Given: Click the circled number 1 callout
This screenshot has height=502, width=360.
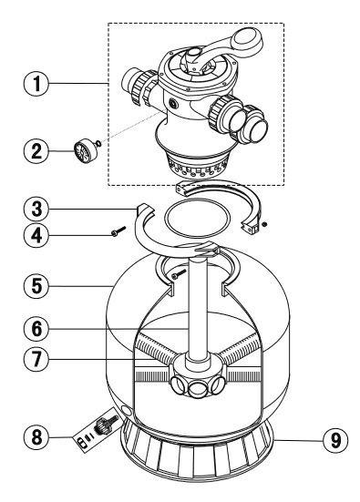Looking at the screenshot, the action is (36, 83).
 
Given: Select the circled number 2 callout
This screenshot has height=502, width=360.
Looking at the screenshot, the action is (36, 150).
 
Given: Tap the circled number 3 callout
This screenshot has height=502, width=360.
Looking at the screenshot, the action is (36, 209).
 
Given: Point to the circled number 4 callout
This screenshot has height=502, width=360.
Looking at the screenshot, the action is (36, 236).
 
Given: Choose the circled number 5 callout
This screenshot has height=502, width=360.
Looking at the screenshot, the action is (36, 285).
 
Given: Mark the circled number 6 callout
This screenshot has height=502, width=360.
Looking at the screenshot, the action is (36, 329).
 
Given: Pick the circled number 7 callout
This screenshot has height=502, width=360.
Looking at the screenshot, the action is (36, 359).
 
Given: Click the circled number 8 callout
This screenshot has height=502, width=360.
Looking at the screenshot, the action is (36, 436).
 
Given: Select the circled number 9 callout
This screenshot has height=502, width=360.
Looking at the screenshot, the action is (335, 441).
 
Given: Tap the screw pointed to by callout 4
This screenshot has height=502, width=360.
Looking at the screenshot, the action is (118, 231).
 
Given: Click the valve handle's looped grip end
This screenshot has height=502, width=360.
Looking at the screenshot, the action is (249, 39).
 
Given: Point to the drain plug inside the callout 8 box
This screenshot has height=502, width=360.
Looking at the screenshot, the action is (103, 425).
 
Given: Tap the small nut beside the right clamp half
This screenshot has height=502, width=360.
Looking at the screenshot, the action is (264, 224).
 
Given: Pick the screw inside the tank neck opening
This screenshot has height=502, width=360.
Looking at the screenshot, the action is (179, 273).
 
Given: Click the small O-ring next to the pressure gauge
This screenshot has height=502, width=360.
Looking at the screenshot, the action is (98, 143).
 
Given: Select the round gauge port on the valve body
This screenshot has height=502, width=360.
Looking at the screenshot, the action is (173, 104).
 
